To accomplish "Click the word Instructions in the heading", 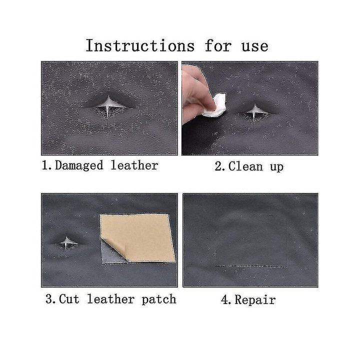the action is tap(140, 45).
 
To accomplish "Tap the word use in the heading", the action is tap(255, 47).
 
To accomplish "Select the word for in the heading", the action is tap(218, 45).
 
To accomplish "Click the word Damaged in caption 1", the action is tap(79, 165).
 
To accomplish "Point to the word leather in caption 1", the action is tap(134, 165).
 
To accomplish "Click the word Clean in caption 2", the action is tap(245, 166).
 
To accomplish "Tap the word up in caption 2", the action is tap(277, 167).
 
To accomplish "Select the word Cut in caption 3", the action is tap(69, 299).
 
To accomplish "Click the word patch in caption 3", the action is tap(159, 299).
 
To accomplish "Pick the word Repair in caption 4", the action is tap(255, 300).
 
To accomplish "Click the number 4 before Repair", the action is tap(224, 300).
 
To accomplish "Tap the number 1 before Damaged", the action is tap(45, 165).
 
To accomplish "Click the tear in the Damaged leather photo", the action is tap(108, 107).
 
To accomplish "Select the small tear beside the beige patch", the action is tap(66, 243).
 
